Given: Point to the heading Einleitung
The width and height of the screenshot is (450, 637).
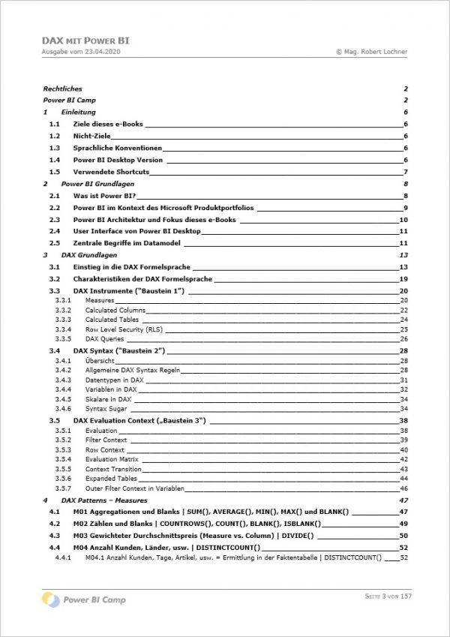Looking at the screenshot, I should coord(78,112).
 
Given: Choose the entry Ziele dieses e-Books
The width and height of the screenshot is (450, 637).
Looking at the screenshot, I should coord(108,124).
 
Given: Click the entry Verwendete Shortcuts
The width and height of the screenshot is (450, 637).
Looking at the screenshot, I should coord(111,172).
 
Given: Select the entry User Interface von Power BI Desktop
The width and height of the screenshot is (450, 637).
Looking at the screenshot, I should coord(136,231).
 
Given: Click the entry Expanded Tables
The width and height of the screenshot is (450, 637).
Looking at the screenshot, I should coord(111,478).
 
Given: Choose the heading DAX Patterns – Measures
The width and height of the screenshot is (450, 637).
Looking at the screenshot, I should coord(104,500).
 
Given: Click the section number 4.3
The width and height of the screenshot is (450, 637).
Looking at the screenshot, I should coord(54,536).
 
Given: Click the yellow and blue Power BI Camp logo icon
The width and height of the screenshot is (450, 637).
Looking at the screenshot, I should coord(51,599).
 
